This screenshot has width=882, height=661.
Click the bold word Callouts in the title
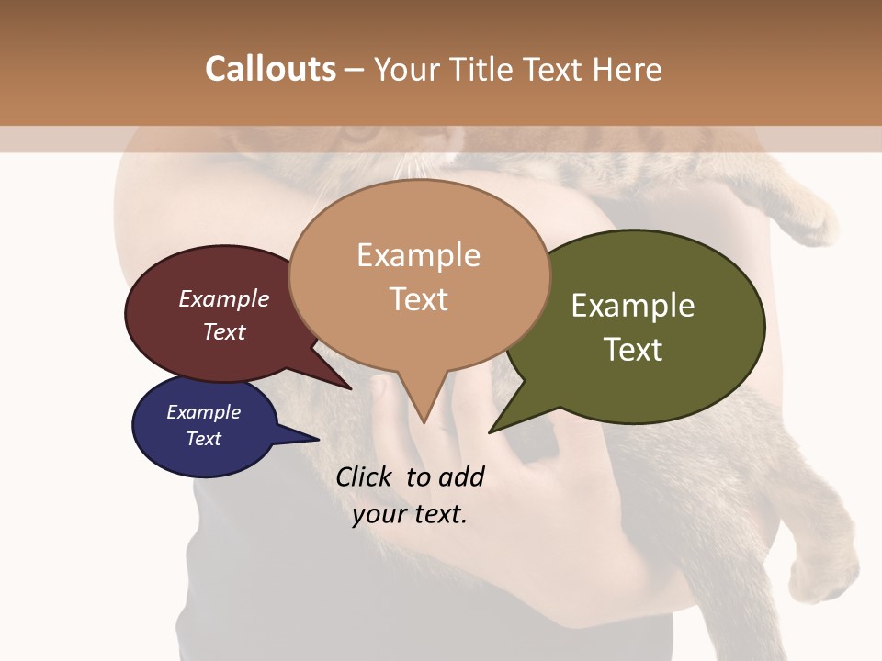270,69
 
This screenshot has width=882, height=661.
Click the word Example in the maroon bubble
224,298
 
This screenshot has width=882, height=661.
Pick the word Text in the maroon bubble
224,331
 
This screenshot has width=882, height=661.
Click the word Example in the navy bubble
203,412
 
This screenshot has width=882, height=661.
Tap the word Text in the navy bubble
203,439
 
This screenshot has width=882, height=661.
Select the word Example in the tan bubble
418,255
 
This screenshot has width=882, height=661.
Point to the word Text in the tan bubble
418,299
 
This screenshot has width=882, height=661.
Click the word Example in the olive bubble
633,306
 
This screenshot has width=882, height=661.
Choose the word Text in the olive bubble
633,350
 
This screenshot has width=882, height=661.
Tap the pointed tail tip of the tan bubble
424,422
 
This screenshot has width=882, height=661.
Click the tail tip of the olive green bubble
490,431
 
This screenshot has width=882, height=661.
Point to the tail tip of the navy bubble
318,440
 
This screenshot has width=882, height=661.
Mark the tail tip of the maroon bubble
351,388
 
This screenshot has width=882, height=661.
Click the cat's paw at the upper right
813,225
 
